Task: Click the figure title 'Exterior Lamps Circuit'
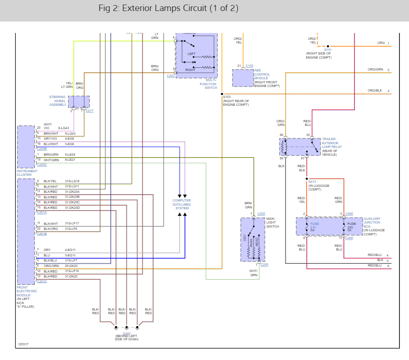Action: pyautogui.click(x=168, y=9)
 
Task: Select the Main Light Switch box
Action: pyautogui.click(x=252, y=240)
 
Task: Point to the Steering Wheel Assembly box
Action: pyautogui.click(x=79, y=102)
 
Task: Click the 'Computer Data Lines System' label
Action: pyautogui.click(x=182, y=204)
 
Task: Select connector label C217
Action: pyautogui.click(x=90, y=111)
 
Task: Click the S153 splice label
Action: pyautogui.click(x=227, y=97)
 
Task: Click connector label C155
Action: pyautogui.click(x=249, y=66)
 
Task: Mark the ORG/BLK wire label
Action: pyautogui.click(x=375, y=90)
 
